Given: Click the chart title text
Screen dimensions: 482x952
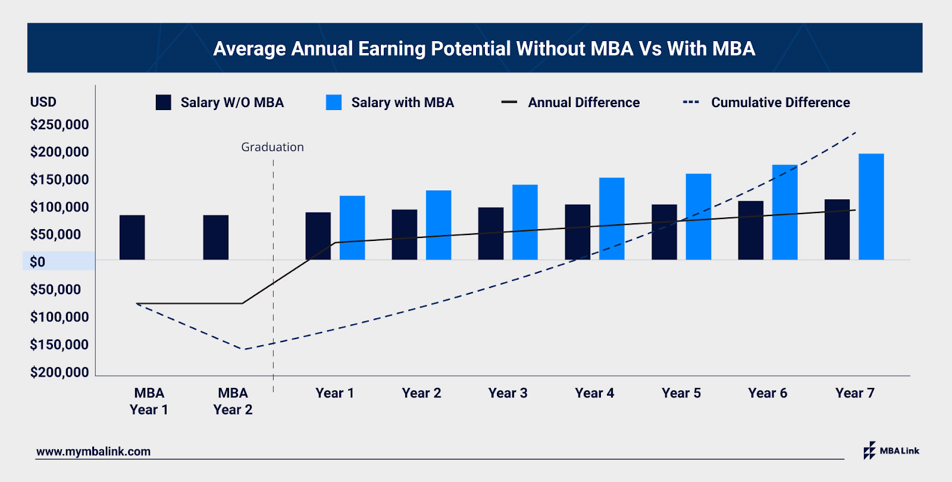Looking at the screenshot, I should click(484, 49).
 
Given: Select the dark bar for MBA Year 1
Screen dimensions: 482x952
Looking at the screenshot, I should click(132, 237).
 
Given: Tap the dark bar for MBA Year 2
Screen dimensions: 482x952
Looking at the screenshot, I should click(215, 237).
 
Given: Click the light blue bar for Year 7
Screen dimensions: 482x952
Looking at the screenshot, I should click(871, 206).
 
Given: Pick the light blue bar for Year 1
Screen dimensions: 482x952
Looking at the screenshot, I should click(352, 227).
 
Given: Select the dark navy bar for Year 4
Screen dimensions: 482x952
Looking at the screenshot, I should click(577, 232).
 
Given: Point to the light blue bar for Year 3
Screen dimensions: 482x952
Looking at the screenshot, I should click(525, 222).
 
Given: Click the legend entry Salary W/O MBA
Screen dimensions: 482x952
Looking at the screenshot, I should click(220, 102).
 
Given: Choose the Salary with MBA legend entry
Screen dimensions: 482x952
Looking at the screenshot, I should click(390, 102).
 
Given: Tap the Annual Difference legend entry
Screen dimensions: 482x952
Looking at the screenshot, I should click(571, 102).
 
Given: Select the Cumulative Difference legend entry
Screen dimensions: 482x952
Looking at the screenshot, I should click(768, 102).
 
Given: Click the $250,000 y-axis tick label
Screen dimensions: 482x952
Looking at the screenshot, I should click(59, 125).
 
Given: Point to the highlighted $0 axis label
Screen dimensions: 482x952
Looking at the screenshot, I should click(38, 262).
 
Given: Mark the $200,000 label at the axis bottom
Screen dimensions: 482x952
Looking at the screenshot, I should click(59, 373).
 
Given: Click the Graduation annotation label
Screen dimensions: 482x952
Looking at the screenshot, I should click(273, 147).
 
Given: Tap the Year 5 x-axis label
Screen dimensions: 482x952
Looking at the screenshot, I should click(681, 393).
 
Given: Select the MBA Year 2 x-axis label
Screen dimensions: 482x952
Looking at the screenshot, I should click(233, 401).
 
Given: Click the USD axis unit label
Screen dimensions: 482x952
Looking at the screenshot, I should click(43, 102).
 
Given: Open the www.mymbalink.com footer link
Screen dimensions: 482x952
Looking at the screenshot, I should click(93, 452).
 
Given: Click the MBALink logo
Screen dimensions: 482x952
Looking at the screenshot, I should click(891, 450).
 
